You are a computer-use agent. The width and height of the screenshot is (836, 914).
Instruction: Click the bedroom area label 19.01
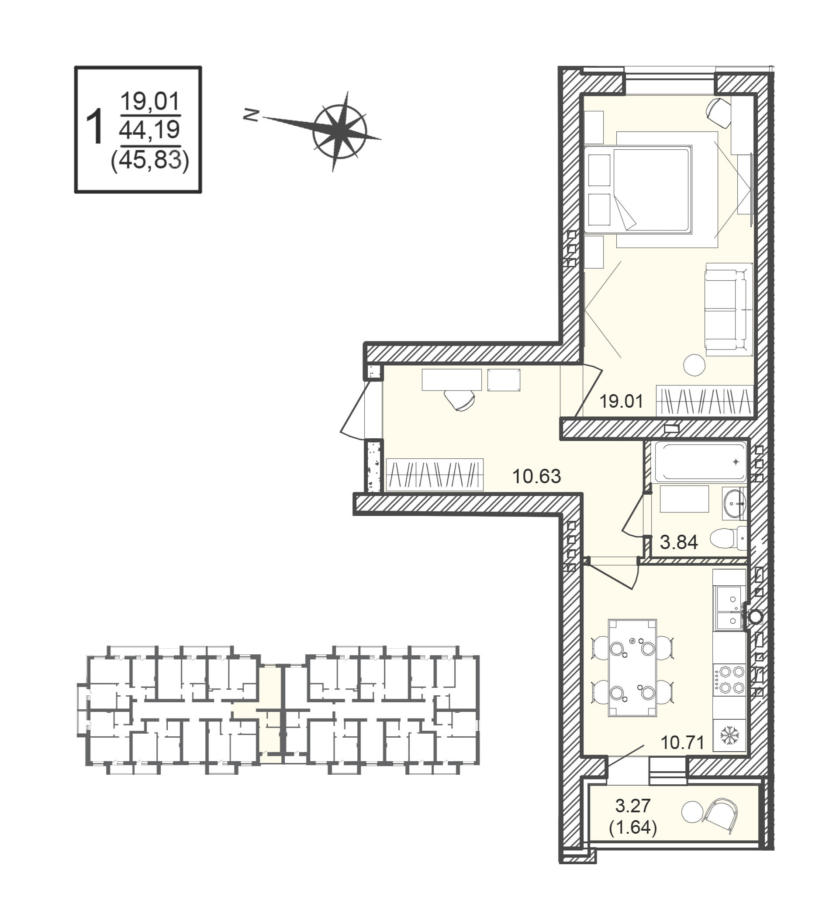click(x=621, y=401)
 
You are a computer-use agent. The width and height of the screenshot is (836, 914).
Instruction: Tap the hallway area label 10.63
click(x=537, y=477)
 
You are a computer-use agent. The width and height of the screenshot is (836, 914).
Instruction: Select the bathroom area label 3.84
click(x=679, y=542)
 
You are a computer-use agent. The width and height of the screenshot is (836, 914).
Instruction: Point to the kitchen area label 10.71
click(x=682, y=743)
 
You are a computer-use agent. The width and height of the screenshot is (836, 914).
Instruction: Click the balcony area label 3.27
click(x=633, y=806)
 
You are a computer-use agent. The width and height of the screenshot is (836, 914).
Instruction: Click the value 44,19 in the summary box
click(x=150, y=130)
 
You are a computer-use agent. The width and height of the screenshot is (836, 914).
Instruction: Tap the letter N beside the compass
click(x=250, y=116)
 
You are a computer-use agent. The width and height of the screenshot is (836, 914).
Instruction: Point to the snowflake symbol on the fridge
click(x=730, y=735)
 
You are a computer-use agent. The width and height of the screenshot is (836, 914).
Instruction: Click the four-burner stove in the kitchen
click(x=729, y=679)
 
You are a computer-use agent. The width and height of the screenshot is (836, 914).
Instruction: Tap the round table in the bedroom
click(x=694, y=364)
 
